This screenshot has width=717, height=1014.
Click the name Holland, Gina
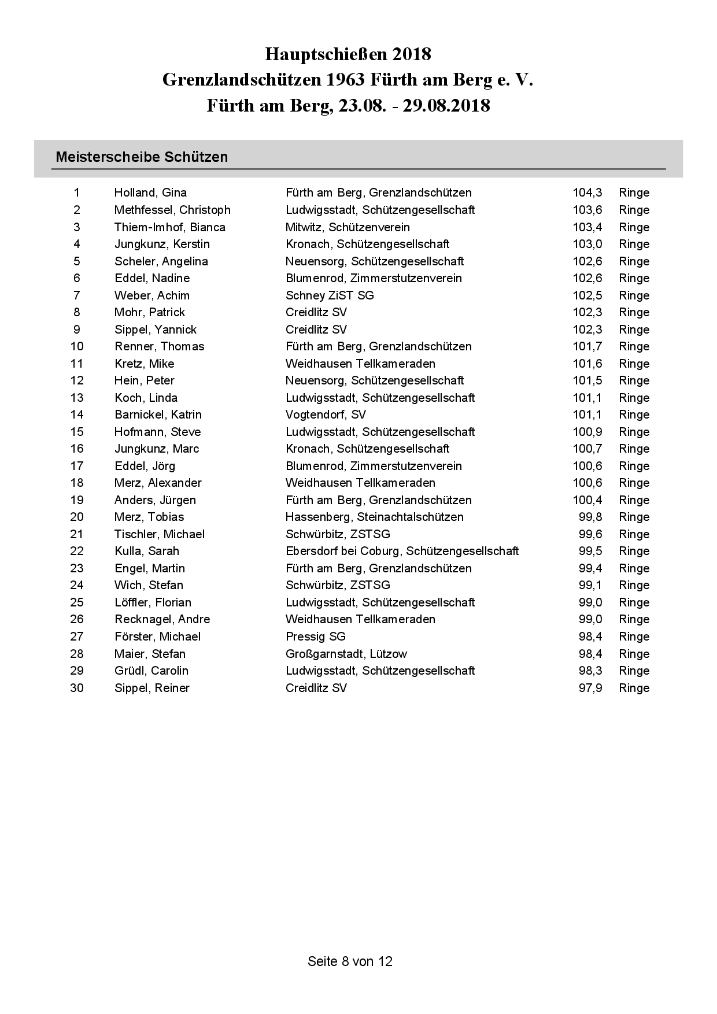pos(150,193)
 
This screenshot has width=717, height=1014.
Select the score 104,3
pos(587,193)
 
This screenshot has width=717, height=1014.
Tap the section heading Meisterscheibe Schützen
pos(142,157)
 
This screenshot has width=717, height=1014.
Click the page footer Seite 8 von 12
pos(350,961)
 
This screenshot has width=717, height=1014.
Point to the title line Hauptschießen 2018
pos(348,54)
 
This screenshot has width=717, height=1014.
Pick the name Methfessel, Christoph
pos(172,210)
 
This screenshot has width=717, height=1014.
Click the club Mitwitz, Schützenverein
pos(348,227)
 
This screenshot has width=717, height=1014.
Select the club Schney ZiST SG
pos(330,295)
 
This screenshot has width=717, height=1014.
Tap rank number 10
pos(77,346)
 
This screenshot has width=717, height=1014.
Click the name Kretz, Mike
pos(144,364)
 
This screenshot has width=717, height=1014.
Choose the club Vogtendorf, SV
pos(326,415)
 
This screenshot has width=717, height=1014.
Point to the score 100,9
pos(587,432)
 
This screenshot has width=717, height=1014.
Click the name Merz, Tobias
pos(149,517)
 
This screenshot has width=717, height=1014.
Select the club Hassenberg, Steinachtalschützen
pos(375,517)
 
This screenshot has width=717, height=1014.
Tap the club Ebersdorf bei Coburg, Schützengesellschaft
pos(402,551)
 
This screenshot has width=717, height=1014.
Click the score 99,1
pos(590,585)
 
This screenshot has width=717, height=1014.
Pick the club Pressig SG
pos(315,636)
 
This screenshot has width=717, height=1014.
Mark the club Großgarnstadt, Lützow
pos(346,654)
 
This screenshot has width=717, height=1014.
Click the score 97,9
pos(590,688)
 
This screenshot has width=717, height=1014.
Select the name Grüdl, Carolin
pos(151,671)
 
